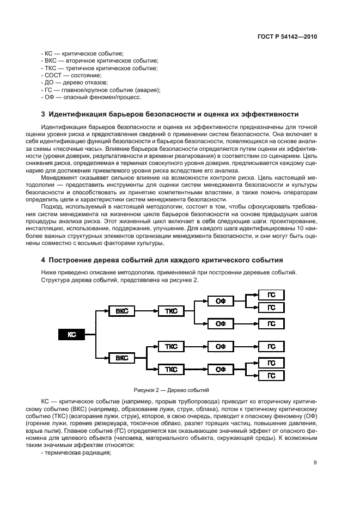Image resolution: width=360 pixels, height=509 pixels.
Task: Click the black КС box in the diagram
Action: coord(72,335)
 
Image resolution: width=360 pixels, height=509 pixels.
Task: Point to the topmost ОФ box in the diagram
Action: coord(221,300)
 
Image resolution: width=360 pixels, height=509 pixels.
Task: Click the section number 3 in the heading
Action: coord(44,114)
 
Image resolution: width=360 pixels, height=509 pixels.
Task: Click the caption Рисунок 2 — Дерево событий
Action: coord(172,390)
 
